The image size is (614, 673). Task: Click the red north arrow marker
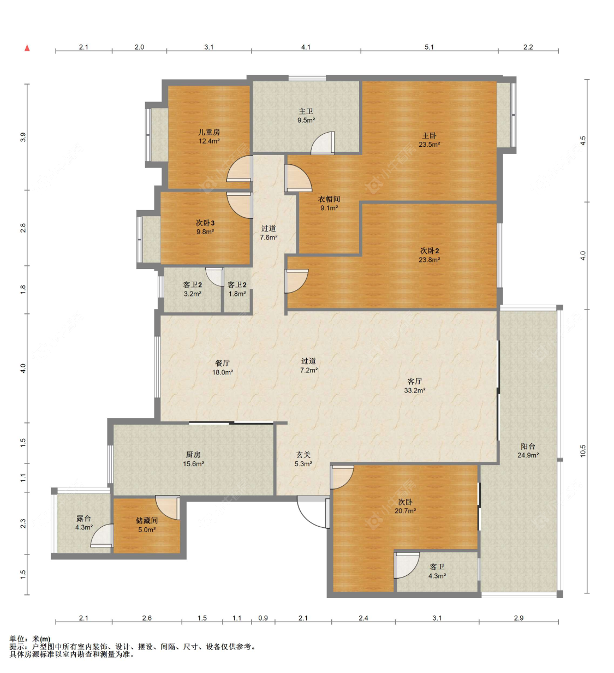(27, 48)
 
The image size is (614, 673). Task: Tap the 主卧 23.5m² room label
(429, 140)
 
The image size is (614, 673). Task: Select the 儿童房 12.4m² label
(208, 136)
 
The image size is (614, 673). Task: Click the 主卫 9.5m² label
(306, 116)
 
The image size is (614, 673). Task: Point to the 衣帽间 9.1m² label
(329, 203)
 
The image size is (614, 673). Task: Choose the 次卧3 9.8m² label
(205, 227)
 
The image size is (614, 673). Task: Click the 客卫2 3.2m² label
(192, 289)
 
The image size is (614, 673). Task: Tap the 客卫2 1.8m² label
(237, 289)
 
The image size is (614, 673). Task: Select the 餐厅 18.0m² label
(223, 367)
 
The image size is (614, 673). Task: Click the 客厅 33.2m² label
(415, 386)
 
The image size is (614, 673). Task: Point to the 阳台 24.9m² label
(528, 450)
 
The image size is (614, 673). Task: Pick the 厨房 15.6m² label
(193, 459)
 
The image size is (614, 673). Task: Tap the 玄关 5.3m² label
(303, 459)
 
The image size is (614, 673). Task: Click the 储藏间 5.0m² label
(147, 525)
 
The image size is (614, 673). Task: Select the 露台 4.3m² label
(84, 523)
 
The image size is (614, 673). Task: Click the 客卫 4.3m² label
(437, 571)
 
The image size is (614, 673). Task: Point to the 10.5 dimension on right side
(582, 450)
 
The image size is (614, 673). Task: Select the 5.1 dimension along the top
(429, 47)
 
